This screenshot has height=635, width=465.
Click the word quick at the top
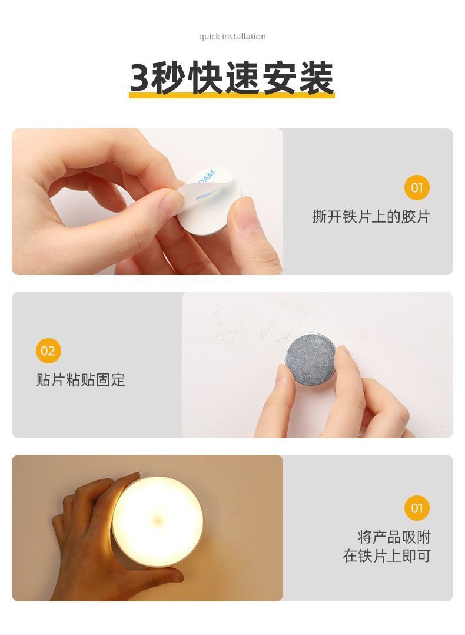pos(209,37)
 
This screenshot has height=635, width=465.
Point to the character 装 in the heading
pos(316,78)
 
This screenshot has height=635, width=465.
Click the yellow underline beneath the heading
pos(232,95)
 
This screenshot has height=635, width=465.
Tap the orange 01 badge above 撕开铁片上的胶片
pos(416,187)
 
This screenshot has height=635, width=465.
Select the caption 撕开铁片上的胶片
pos(371,217)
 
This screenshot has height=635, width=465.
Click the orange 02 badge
pos(48,350)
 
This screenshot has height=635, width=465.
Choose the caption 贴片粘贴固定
pos(81,380)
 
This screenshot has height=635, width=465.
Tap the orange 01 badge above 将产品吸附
pos(416,508)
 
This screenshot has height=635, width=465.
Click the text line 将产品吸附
pos(394,537)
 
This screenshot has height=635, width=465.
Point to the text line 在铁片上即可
pos(387,555)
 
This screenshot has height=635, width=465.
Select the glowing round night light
pos(157,521)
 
